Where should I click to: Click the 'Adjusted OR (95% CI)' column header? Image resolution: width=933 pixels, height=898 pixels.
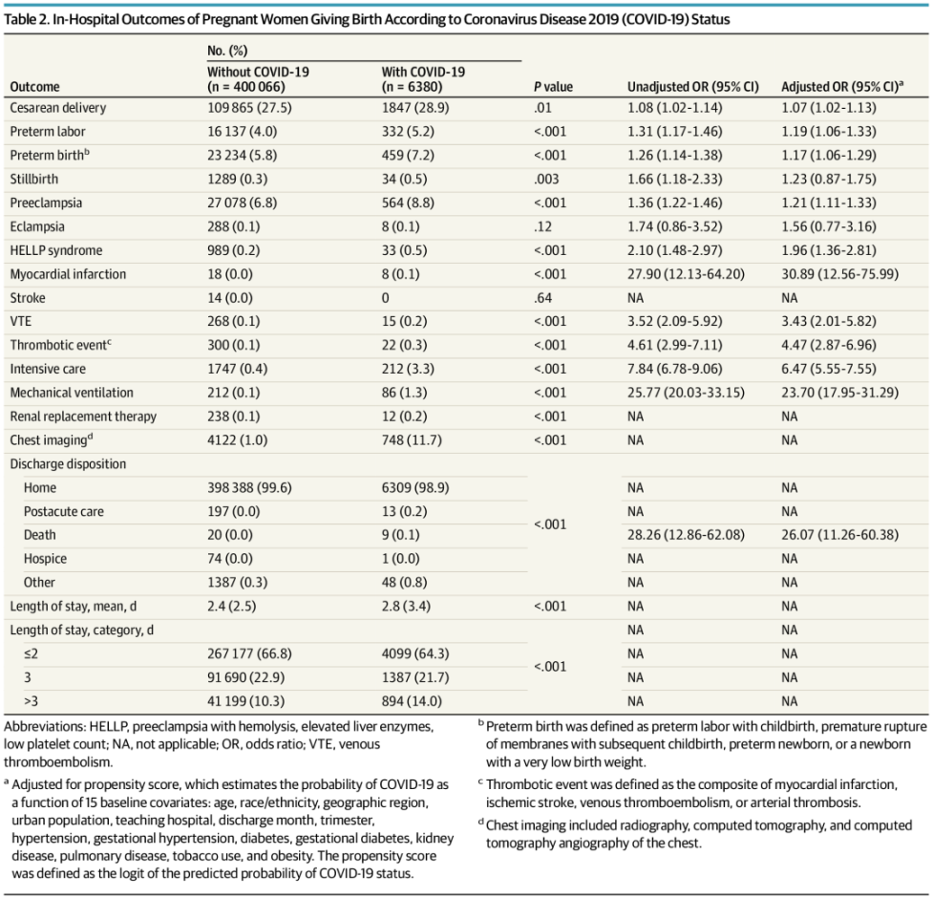(842, 86)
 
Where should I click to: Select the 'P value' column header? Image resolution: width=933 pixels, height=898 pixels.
(553, 87)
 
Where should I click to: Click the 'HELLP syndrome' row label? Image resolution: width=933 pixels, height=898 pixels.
(56, 250)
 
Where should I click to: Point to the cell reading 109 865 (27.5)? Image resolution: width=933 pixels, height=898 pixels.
(249, 108)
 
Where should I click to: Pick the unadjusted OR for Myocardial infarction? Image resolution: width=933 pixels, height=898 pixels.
(686, 274)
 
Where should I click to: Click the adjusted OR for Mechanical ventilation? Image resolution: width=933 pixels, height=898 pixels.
(839, 393)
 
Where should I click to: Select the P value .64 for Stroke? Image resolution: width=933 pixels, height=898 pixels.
(542, 297)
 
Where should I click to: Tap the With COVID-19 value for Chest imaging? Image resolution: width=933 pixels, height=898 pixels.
(412, 440)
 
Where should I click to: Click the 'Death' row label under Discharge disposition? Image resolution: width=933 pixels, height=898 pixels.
(40, 535)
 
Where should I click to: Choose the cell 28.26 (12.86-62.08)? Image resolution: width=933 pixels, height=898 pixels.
(686, 535)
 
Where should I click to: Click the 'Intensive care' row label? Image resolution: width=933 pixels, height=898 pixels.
(48, 369)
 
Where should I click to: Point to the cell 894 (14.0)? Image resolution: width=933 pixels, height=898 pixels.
(412, 701)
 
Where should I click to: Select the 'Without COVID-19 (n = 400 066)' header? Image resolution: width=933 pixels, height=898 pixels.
(258, 79)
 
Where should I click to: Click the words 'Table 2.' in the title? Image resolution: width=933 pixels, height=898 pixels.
(26, 20)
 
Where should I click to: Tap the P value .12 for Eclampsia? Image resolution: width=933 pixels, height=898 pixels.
(542, 226)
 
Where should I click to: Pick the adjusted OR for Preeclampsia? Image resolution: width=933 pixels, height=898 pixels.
(828, 203)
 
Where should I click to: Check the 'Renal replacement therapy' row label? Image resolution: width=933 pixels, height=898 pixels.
(83, 417)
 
